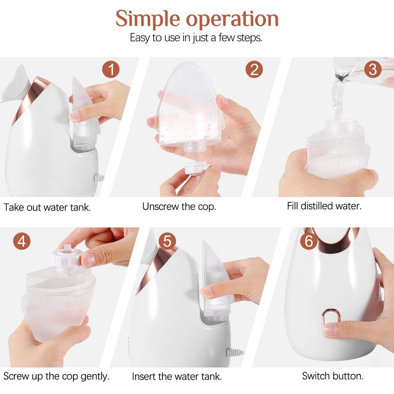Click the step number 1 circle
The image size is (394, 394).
point(111,70)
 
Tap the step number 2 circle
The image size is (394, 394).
point(254,69)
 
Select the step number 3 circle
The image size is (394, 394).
point(373,69)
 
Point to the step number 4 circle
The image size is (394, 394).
point(22,241)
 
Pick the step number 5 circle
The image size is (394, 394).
point(167,241)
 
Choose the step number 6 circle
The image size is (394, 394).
point(309,241)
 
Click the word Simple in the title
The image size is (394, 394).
point(148,19)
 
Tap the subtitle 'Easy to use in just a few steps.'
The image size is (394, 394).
point(196,38)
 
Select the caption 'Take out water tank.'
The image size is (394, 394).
point(47,208)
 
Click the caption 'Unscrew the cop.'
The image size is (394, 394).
point(179,206)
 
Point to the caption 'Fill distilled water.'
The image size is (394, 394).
point(324,206)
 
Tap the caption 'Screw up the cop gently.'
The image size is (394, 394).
point(56,376)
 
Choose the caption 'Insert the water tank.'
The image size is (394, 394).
point(177,377)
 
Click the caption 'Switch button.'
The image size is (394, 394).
point(333,376)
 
